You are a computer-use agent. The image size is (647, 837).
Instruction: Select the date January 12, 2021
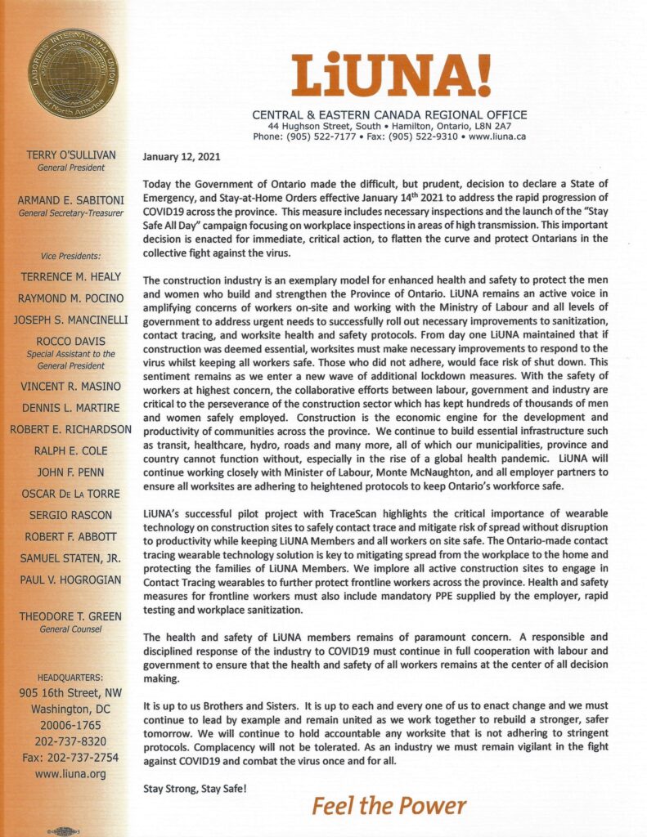coord(181,157)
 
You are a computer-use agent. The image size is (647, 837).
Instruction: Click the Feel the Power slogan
coord(389,806)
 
